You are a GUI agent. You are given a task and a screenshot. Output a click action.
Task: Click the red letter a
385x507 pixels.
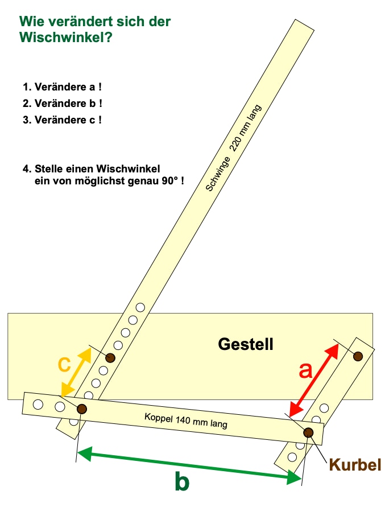tap(305, 370)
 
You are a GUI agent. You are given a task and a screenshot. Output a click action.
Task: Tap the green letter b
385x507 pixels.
tap(182, 481)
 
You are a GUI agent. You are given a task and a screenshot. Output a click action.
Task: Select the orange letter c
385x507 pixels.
tap(64, 364)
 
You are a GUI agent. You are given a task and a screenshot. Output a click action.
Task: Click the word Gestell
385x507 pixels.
tap(246, 344)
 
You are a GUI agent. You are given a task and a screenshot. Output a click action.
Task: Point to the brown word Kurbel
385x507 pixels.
tap(355, 465)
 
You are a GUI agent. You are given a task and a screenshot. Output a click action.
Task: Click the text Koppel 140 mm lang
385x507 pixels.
tap(186, 421)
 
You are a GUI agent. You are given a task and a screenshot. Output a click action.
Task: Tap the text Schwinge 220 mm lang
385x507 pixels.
tap(233, 148)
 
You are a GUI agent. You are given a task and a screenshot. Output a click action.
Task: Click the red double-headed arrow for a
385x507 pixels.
tap(314, 380)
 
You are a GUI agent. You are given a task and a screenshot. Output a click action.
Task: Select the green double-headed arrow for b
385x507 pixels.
tap(189, 465)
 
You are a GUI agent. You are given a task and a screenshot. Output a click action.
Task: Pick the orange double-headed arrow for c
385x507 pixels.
tap(76, 372)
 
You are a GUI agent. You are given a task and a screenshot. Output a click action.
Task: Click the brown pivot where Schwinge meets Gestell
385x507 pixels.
tap(110, 357)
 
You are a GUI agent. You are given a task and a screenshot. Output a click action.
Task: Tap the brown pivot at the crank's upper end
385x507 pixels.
tap(358, 356)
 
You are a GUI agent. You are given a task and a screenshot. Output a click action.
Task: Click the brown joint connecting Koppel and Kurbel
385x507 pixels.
tap(308, 432)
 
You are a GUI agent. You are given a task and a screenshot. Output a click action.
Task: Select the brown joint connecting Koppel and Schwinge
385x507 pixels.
tap(82, 409)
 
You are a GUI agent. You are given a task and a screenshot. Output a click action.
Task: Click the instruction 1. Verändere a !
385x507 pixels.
tap(62, 87)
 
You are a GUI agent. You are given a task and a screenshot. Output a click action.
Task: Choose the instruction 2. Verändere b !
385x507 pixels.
tap(63, 104)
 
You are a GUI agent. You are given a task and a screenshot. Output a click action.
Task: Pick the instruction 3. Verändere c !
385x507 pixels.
tap(62, 120)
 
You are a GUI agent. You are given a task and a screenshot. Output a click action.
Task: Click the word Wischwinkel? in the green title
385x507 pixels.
tap(65, 37)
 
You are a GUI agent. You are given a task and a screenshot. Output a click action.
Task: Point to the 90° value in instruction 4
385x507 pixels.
tap(170, 181)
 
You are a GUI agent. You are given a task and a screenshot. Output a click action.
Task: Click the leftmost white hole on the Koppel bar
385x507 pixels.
tap(38, 404)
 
